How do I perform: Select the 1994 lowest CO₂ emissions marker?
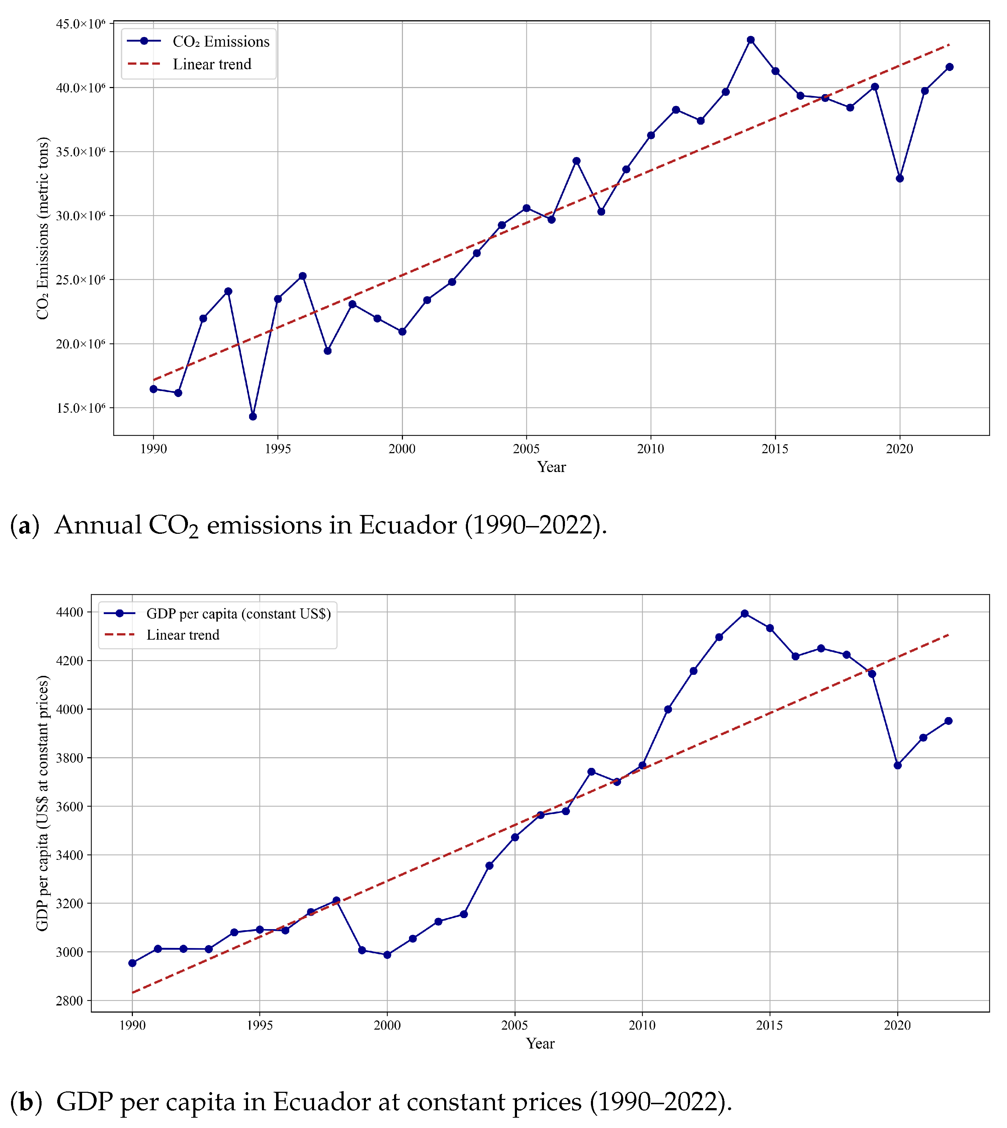click(x=253, y=416)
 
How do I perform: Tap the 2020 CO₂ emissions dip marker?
click(x=900, y=179)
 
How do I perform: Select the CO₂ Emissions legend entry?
click(x=221, y=42)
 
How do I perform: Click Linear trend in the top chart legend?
click(x=212, y=64)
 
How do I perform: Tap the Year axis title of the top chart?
click(x=551, y=467)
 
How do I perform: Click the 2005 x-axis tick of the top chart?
click(x=526, y=449)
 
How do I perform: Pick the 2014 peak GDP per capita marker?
click(x=745, y=614)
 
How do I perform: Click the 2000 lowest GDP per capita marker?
click(x=387, y=955)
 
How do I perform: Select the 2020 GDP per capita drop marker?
click(x=898, y=765)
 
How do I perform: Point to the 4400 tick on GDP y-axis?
click(x=69, y=612)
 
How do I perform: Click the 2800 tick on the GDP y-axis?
click(x=69, y=1001)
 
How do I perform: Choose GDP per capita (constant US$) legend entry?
click(x=238, y=614)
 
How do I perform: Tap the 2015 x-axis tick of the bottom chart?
click(x=770, y=1026)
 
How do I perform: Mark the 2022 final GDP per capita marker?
click(x=948, y=721)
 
